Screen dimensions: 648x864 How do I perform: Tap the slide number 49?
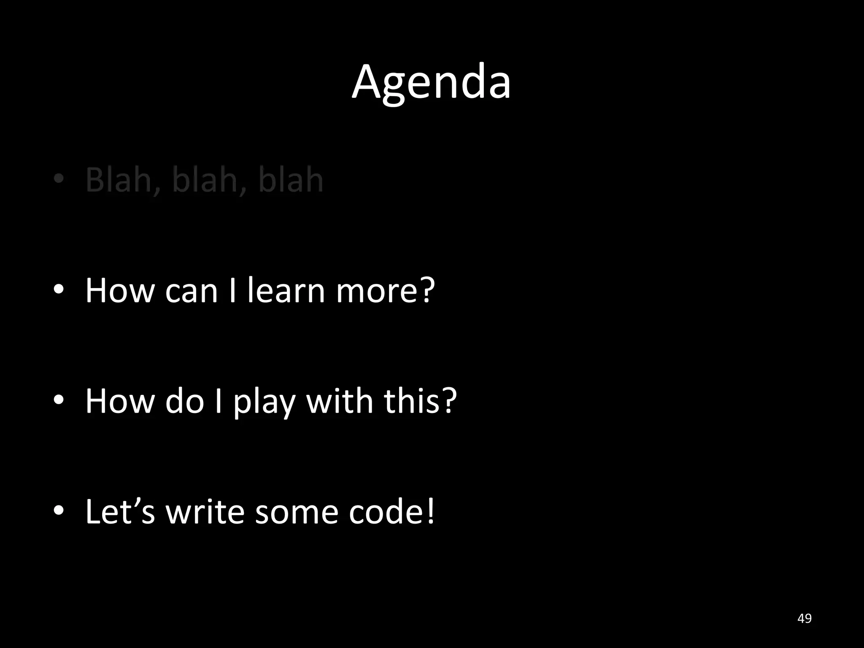pos(805,618)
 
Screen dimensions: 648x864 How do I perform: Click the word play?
pos(264,402)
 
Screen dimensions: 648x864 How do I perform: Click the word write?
pos(205,511)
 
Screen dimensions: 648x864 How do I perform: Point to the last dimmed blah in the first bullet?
pos(291,180)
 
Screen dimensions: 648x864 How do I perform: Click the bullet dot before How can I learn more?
pos(59,289)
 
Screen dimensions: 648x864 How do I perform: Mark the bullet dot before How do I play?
pos(59,400)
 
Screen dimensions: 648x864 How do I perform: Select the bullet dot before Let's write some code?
pos(59,510)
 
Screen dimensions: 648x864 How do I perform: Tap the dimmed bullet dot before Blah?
pos(59,179)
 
